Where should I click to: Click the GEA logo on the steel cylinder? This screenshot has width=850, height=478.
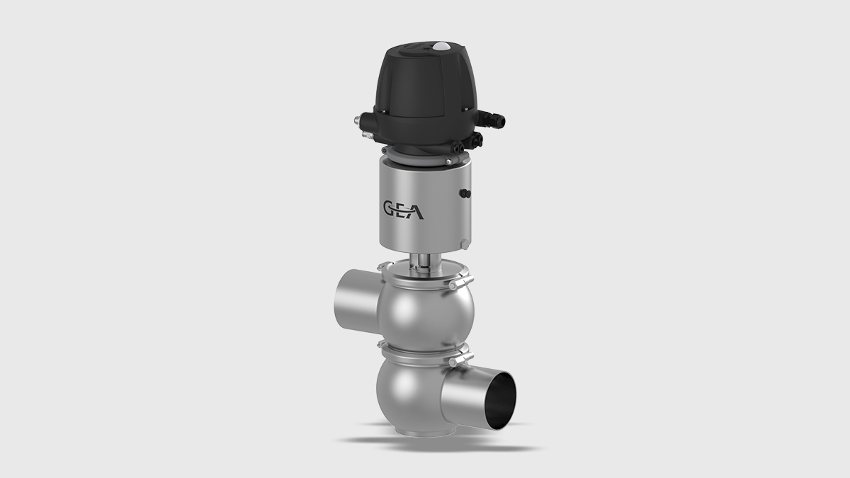[404, 210]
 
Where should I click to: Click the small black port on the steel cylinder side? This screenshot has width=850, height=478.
[465, 193]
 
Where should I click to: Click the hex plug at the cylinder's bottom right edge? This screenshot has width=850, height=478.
[463, 245]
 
